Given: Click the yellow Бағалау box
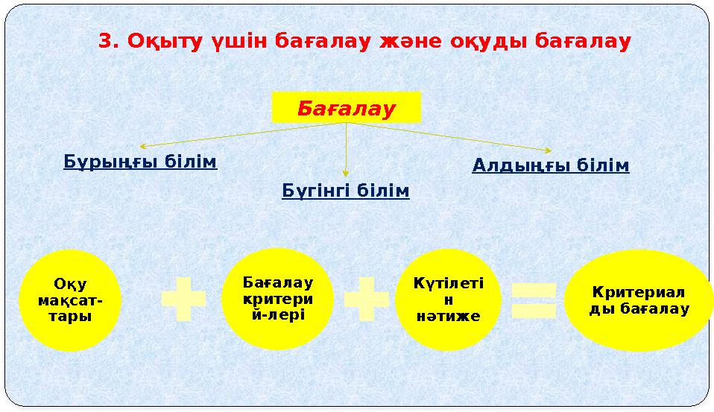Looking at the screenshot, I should pos(346,107).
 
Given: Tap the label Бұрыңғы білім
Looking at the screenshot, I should pos(140,162).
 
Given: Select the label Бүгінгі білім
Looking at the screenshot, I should pos(346,191).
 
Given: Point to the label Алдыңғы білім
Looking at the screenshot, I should pos(551,165).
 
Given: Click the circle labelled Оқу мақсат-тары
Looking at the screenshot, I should pos(70,300).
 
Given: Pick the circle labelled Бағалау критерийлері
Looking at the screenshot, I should pos(277,299).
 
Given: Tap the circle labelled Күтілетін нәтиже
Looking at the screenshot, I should pos(448,300).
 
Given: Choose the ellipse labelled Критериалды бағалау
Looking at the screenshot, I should pos(639,300).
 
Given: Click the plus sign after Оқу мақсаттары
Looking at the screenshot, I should pos(183,300).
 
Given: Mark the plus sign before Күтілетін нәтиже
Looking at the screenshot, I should pos(366,300).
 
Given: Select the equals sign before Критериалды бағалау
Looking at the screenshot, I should pos(534,300).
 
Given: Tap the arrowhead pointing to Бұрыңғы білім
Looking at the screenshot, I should pos(143,146).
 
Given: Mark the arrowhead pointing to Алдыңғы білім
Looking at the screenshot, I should pos(549,151).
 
